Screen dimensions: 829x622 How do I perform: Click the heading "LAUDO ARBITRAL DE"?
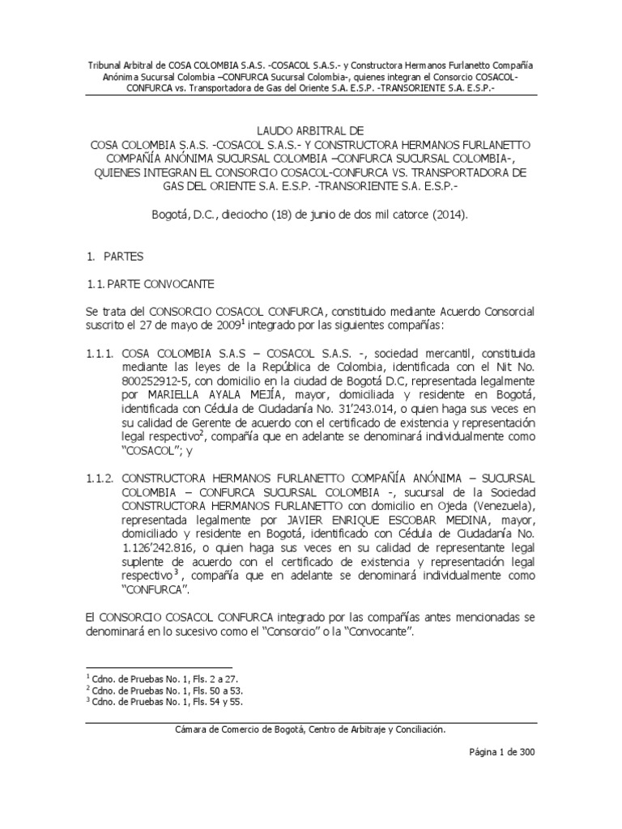tap(311, 129)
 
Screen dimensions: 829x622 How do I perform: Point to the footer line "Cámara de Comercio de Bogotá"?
tap(311, 729)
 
